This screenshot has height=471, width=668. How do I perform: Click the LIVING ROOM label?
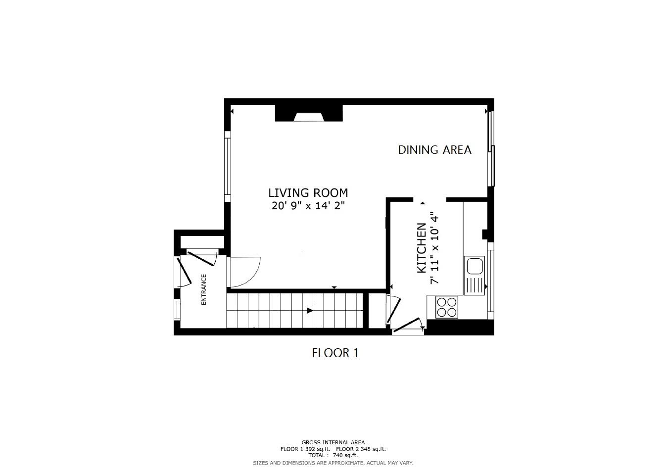click(x=308, y=193)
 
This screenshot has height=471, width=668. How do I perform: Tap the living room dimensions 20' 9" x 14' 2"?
click(x=308, y=206)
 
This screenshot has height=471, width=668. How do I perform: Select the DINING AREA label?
click(x=434, y=150)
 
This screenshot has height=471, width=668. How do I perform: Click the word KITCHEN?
click(x=422, y=248)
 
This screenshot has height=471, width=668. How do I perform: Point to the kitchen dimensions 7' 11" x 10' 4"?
click(x=434, y=248)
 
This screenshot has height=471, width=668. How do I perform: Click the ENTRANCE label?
click(x=203, y=289)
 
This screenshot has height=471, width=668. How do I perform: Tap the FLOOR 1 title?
click(x=334, y=353)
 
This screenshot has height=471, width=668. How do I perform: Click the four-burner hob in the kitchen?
click(x=446, y=307)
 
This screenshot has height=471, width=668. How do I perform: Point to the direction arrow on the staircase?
click(x=310, y=311)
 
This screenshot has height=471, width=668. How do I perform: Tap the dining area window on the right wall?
click(x=491, y=148)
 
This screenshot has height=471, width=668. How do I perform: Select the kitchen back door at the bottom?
click(x=407, y=327)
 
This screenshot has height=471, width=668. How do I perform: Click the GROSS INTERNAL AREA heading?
click(x=333, y=442)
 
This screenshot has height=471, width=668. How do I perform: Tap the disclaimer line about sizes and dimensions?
click(x=333, y=463)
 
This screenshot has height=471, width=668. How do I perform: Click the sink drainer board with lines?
click(x=475, y=285)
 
